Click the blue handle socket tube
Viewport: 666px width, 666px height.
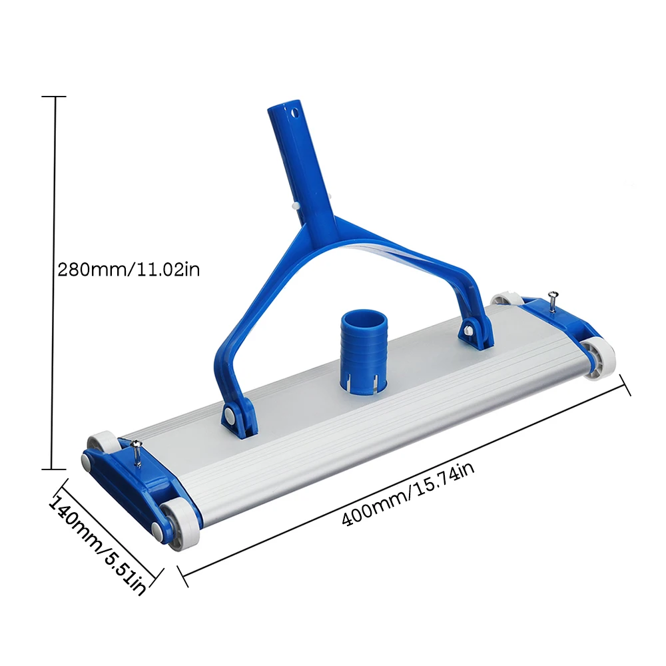pos(298,160)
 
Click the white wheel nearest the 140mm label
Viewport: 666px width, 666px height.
pos(178,523)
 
